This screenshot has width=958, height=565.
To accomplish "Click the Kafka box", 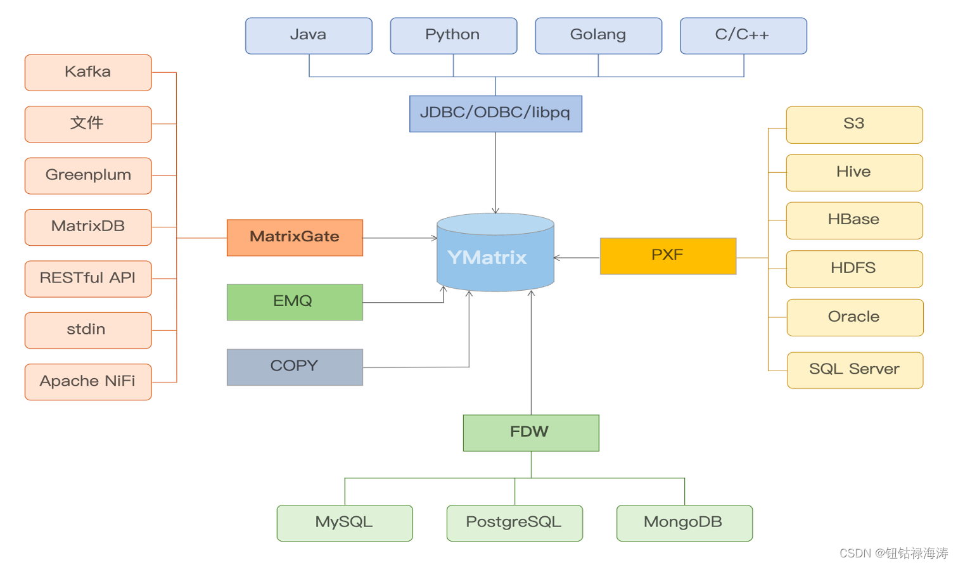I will pyautogui.click(x=88, y=72).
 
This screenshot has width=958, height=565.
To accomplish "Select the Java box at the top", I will pyautogui.click(x=309, y=35).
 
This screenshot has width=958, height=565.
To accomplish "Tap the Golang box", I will pyautogui.click(x=598, y=35).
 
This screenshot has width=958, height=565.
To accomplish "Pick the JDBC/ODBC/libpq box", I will pyautogui.click(x=495, y=113).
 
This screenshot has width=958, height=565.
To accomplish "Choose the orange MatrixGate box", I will pyautogui.click(x=295, y=238).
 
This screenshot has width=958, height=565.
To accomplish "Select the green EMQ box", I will pyautogui.click(x=295, y=302).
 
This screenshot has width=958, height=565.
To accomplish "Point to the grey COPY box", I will pyautogui.click(x=295, y=367).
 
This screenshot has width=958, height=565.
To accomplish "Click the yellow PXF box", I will pyautogui.click(x=668, y=256).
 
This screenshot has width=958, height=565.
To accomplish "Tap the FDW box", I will pyautogui.click(x=531, y=433).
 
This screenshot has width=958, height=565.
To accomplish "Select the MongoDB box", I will pyautogui.click(x=684, y=523).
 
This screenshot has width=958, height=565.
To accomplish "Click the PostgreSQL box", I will pyautogui.click(x=514, y=523).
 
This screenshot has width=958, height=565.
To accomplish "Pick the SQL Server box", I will pyautogui.click(x=855, y=370).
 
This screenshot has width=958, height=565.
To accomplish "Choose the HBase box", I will pyautogui.click(x=854, y=220).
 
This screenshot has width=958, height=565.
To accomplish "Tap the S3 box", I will pyautogui.click(x=854, y=125).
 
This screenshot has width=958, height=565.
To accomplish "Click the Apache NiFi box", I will pyautogui.click(x=88, y=381).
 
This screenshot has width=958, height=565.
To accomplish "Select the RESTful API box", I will pyautogui.click(x=88, y=279).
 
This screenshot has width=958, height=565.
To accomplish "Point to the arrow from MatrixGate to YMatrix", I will pyautogui.click(x=399, y=238).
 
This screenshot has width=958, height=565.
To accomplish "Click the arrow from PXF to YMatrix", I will pyautogui.click(x=577, y=258).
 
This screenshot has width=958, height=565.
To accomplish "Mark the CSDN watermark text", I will pyautogui.click(x=893, y=553).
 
